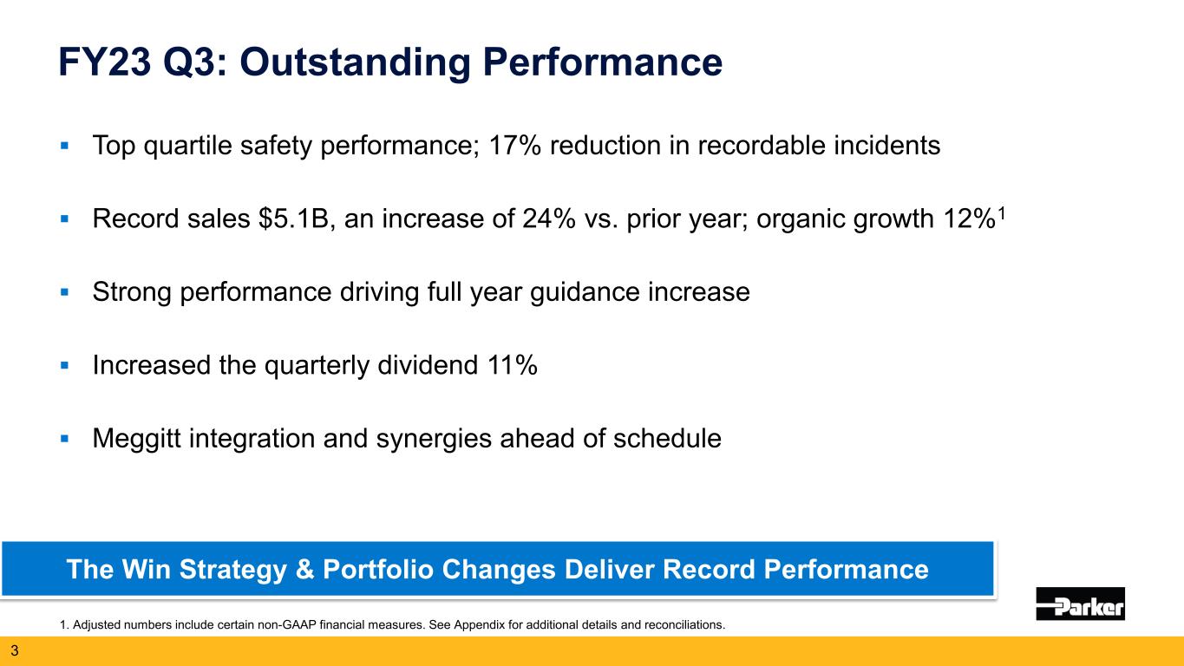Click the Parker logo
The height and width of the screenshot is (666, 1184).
pos(1080,604)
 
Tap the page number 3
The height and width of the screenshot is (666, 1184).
pos(14,650)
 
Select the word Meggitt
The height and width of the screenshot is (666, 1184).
pos(140,439)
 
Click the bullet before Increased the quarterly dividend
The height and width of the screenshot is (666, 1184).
pos(64,366)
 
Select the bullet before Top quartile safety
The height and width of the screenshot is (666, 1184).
pos(64,146)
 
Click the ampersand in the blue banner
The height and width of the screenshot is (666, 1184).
pos(313,570)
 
